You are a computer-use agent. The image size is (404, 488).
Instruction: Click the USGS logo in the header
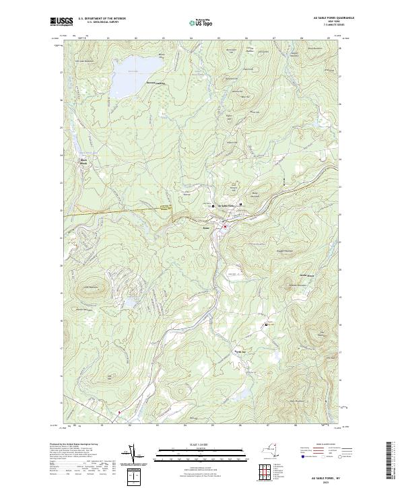click(x=61, y=22)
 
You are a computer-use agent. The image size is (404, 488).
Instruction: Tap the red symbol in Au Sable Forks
click(x=225, y=227)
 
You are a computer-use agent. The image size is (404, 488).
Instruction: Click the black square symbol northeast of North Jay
click(x=267, y=324)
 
